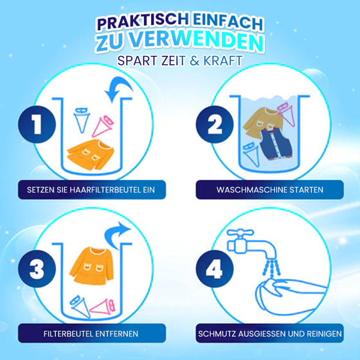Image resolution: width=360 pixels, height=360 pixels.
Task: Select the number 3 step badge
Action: [34, 267]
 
